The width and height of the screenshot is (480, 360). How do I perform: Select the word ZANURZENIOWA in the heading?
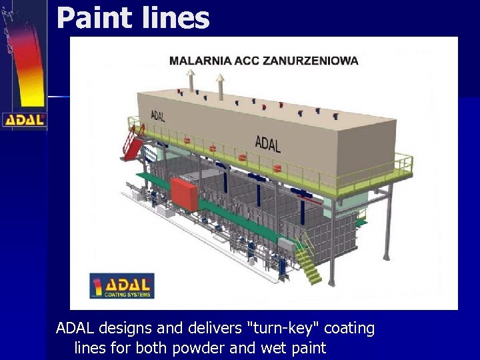(314, 60)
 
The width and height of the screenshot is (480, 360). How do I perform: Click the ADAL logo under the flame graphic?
(24, 120)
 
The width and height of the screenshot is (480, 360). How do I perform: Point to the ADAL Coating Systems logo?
(122, 285)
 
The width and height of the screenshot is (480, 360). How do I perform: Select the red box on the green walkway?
(185, 193)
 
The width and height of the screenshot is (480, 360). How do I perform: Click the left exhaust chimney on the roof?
(191, 81)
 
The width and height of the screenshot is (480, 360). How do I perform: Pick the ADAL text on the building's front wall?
(268, 143)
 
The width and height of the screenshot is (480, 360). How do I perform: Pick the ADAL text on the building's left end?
(158, 116)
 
